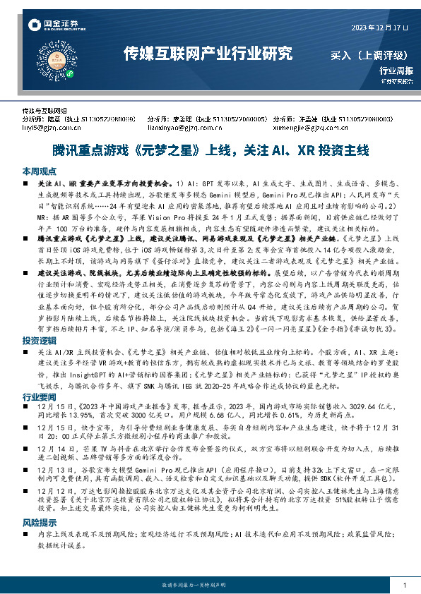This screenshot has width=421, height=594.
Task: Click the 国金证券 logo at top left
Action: click(52, 26)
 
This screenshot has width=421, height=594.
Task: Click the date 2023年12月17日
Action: click(380, 27)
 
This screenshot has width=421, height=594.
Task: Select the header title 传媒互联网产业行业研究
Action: click(207, 53)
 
